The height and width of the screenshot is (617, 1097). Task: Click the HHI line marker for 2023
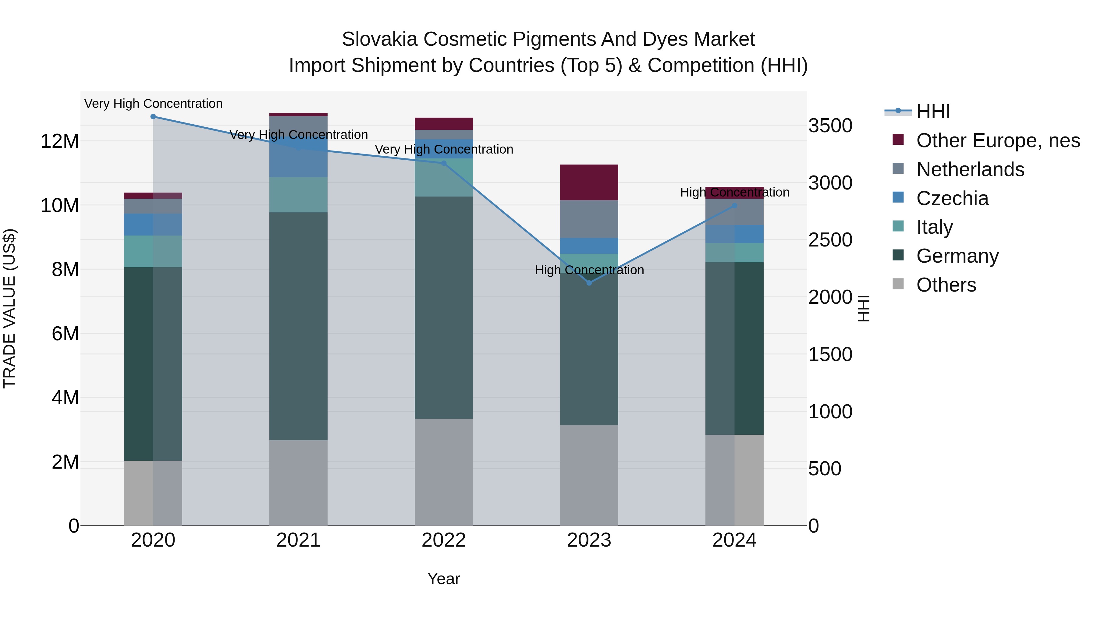click(x=589, y=283)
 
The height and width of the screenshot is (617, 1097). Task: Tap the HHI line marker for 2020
click(x=153, y=117)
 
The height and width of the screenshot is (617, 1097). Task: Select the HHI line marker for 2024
click(x=734, y=206)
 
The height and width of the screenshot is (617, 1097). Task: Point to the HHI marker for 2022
click(x=444, y=163)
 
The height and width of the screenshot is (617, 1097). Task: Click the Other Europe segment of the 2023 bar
click(x=589, y=182)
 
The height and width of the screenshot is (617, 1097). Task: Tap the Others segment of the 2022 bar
click(x=444, y=472)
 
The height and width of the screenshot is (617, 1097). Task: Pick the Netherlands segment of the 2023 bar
click(x=589, y=219)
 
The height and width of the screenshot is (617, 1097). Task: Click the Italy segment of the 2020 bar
click(x=153, y=251)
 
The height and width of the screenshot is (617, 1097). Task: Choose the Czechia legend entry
click(x=952, y=198)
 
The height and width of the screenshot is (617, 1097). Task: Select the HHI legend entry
click(x=933, y=112)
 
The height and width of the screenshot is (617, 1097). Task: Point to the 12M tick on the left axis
click(x=60, y=141)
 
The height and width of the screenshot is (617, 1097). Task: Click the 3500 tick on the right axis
click(x=830, y=126)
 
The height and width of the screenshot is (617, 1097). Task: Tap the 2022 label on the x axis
click(x=444, y=540)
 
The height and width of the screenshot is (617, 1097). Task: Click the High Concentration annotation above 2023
click(x=589, y=270)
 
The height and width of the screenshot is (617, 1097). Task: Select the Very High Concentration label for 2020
click(x=153, y=104)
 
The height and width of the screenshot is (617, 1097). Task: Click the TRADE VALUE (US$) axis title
click(x=9, y=308)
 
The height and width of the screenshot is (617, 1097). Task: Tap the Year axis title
click(x=444, y=579)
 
